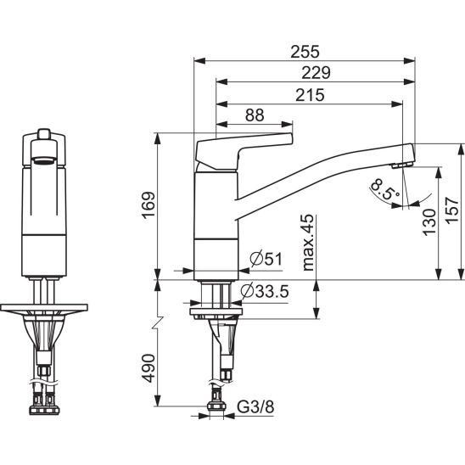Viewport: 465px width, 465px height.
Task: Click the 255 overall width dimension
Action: click(305, 52)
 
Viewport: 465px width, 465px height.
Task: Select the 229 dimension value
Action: click(316, 73)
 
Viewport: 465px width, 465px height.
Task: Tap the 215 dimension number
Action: click(310, 95)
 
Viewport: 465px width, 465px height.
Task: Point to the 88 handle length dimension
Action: click(255, 115)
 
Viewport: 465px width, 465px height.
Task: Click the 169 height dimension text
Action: click(148, 205)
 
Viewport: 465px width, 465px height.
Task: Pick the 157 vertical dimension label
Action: click(452, 210)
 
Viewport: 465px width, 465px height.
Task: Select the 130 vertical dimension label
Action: click(429, 222)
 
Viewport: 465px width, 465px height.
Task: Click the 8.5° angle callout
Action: click(384, 189)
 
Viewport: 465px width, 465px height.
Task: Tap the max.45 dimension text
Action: click(308, 243)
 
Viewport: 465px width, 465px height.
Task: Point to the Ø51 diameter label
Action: click(266, 259)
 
